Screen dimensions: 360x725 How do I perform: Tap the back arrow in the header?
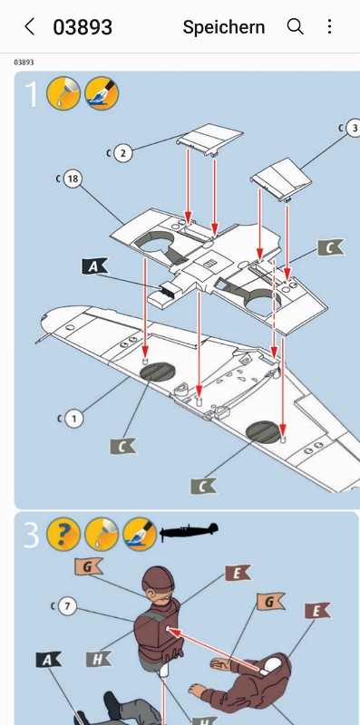coord(29,27)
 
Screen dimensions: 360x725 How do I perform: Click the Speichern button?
coord(223,27)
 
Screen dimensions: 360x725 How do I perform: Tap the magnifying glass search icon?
coord(296,27)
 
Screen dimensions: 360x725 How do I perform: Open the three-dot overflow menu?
coord(329,26)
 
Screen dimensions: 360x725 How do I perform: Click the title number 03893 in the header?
coord(83,27)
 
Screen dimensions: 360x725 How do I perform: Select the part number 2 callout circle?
coord(122,153)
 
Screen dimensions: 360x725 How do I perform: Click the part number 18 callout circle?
coord(73,179)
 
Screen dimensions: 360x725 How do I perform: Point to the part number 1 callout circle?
coord(73,419)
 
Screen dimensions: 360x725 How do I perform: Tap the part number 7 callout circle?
coord(68,606)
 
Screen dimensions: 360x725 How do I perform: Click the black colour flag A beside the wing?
coord(94,266)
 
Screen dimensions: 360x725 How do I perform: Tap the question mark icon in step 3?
coord(63,534)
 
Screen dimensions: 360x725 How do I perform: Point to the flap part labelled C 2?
coord(210,137)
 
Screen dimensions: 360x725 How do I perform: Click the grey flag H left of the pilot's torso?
coord(98,659)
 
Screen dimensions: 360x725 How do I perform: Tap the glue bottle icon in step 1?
coord(63,93)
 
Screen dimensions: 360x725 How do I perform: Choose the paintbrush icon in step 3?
coord(140,534)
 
